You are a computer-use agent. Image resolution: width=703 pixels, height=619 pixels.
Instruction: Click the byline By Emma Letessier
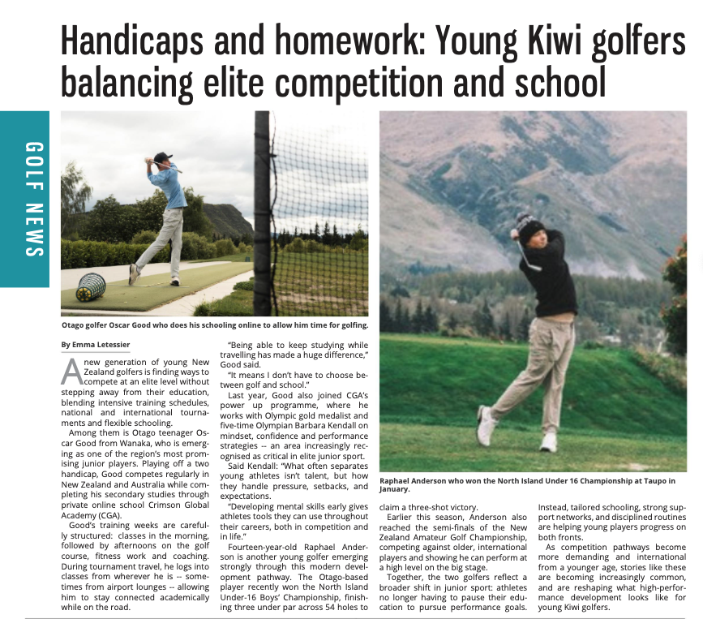(x=95, y=345)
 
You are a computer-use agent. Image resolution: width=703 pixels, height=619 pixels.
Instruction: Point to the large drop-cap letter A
(x=71, y=371)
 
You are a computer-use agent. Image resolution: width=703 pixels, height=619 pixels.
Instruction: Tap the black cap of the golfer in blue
(x=163, y=157)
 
